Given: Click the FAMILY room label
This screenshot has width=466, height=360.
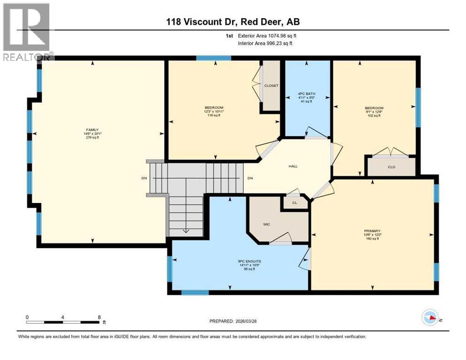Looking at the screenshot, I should (x=92, y=130).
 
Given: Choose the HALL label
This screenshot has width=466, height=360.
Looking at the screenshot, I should (x=293, y=166).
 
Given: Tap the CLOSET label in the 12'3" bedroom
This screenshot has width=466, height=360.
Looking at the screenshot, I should (x=271, y=86).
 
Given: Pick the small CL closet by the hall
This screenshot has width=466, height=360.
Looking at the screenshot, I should (x=294, y=203).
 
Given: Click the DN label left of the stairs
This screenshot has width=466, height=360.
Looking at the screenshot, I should (x=144, y=178).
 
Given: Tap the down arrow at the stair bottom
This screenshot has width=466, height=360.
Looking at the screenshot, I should (x=186, y=230).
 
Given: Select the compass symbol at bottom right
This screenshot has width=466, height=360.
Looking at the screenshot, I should (x=430, y=317).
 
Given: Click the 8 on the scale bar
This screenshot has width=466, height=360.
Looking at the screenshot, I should (x=99, y=317).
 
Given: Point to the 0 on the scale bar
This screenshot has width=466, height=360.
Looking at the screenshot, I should (x=27, y=317).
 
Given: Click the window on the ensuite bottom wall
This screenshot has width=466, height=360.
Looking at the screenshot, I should (x=195, y=292).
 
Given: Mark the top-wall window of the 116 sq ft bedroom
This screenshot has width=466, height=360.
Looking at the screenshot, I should (x=213, y=58).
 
